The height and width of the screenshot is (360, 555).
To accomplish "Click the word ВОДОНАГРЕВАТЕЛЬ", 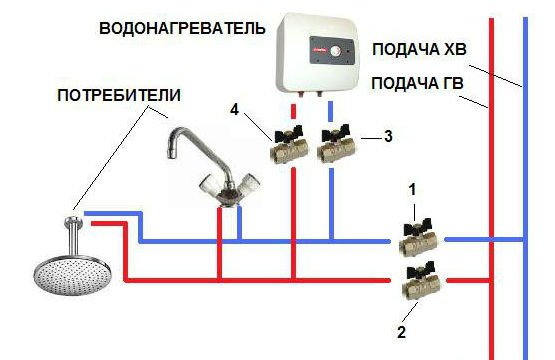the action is click(x=182, y=28).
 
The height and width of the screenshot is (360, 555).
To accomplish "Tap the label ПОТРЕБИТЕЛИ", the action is click(x=119, y=96).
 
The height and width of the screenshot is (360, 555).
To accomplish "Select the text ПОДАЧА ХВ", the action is click(x=419, y=49).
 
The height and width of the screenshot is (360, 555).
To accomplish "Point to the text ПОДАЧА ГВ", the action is click(x=417, y=84).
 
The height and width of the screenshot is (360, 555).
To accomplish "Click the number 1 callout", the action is click(x=412, y=190).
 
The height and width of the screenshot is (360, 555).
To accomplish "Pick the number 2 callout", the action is click(x=401, y=332).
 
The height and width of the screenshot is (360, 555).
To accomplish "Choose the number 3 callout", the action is click(x=388, y=136).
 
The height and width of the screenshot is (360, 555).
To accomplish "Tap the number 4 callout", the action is click(x=234, y=109).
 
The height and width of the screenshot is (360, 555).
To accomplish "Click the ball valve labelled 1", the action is click(x=419, y=238).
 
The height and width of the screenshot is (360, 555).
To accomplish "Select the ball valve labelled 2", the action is click(x=422, y=281).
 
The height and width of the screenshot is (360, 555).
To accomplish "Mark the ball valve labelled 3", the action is click(x=336, y=144).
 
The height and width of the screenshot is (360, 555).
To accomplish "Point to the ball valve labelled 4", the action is click(x=289, y=145).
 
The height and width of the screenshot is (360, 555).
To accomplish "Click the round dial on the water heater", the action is click(x=335, y=52).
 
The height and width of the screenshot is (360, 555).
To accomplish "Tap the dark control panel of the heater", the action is click(x=332, y=51).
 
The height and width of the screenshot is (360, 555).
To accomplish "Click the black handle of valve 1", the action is click(x=418, y=226).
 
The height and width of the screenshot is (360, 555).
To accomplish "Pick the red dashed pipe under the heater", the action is click(x=293, y=111).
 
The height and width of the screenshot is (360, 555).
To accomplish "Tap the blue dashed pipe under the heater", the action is click(x=331, y=112).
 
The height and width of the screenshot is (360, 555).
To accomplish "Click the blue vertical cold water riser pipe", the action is click(x=525, y=188).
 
